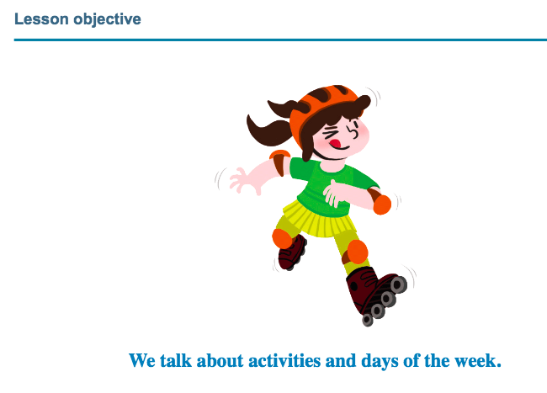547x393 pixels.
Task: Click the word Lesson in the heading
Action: coord(41,19)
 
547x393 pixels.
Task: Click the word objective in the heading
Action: coord(108,20)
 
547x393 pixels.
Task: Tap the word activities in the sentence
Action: coord(284,360)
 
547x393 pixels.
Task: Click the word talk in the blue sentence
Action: coord(176,360)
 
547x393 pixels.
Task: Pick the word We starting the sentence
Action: coord(142,360)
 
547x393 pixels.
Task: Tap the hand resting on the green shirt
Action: coord(337,194)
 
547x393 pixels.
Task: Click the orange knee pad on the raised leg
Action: coord(283,238)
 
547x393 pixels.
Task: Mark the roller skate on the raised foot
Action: coord(292,252)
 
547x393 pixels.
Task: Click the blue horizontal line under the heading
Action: coord(280,40)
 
